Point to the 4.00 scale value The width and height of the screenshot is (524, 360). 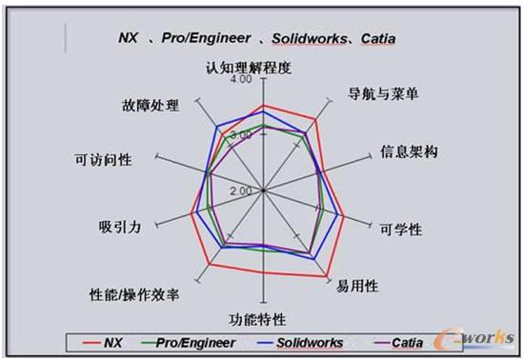(241, 81)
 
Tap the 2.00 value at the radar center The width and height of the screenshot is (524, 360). (241, 190)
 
